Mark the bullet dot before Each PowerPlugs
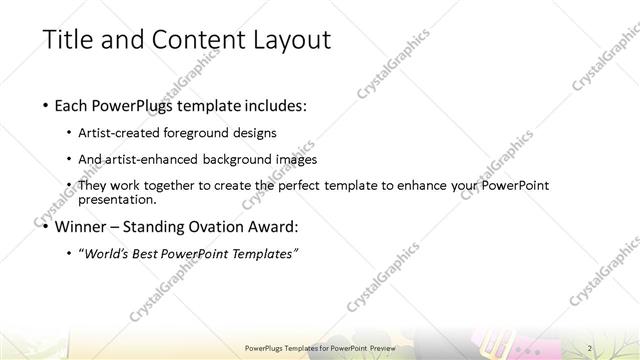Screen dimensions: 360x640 click(46, 104)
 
